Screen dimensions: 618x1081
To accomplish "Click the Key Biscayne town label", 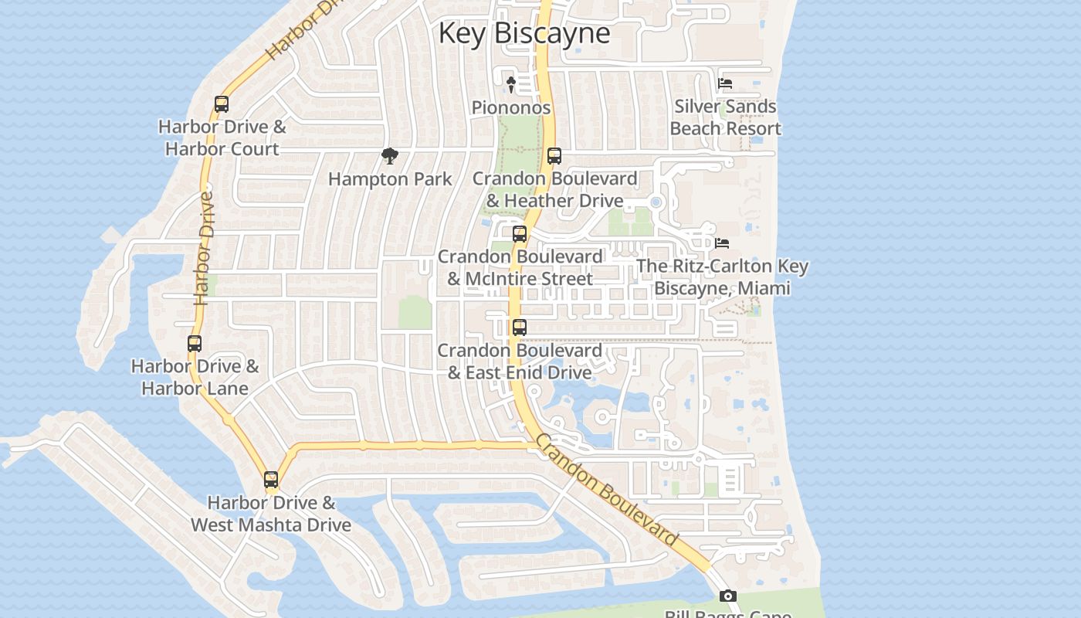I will pos(524,33).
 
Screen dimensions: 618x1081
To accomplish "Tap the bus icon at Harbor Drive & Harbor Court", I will pos(222,104).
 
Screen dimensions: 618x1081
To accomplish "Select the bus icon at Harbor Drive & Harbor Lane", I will pos(195,344).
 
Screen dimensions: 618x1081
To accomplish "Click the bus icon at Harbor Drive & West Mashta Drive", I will pos(271,480).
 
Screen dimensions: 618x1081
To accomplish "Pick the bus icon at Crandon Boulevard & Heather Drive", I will pos(554,156).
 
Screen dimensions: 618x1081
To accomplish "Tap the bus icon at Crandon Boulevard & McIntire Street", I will pos(520,233).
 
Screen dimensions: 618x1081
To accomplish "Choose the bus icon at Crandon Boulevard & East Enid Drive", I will pos(520,328).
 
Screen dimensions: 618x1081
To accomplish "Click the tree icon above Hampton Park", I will pos(390,156).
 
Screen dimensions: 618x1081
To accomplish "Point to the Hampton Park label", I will pos(390,179).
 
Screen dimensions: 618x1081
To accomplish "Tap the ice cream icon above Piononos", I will pos(510,84).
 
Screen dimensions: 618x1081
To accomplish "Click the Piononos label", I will pos(511,107).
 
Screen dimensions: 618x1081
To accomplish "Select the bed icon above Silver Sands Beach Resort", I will pos(725,83).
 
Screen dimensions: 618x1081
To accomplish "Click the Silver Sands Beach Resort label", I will pos(725,117).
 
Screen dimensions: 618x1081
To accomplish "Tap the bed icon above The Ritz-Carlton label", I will pos(722,243).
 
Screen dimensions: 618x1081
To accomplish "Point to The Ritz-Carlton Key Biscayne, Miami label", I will pos(722,277).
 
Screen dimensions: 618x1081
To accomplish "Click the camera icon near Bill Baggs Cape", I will pos(728,596).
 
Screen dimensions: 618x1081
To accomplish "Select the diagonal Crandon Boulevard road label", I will pos(606,490).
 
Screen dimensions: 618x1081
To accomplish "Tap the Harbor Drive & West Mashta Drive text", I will pos(271,514).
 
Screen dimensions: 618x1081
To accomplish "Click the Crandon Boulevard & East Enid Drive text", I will pos(520,362).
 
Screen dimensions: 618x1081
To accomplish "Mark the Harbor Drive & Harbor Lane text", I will pos(195,377).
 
